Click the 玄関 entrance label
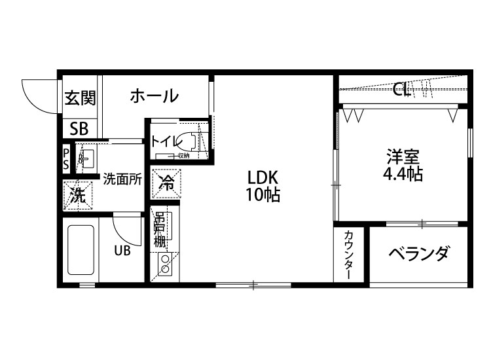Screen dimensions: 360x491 80,98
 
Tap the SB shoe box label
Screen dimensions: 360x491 79,128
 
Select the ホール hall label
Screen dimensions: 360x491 154,96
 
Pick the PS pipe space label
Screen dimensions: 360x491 66,159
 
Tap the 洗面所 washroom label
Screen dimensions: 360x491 122,179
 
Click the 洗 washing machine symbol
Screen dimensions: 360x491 78,194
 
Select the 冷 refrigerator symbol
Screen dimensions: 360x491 167,184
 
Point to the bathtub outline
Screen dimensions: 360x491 81,251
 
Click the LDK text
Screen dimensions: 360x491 263,177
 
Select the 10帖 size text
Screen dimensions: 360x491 263,195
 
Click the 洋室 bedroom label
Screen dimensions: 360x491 402,157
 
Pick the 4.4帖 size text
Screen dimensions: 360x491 402,175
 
